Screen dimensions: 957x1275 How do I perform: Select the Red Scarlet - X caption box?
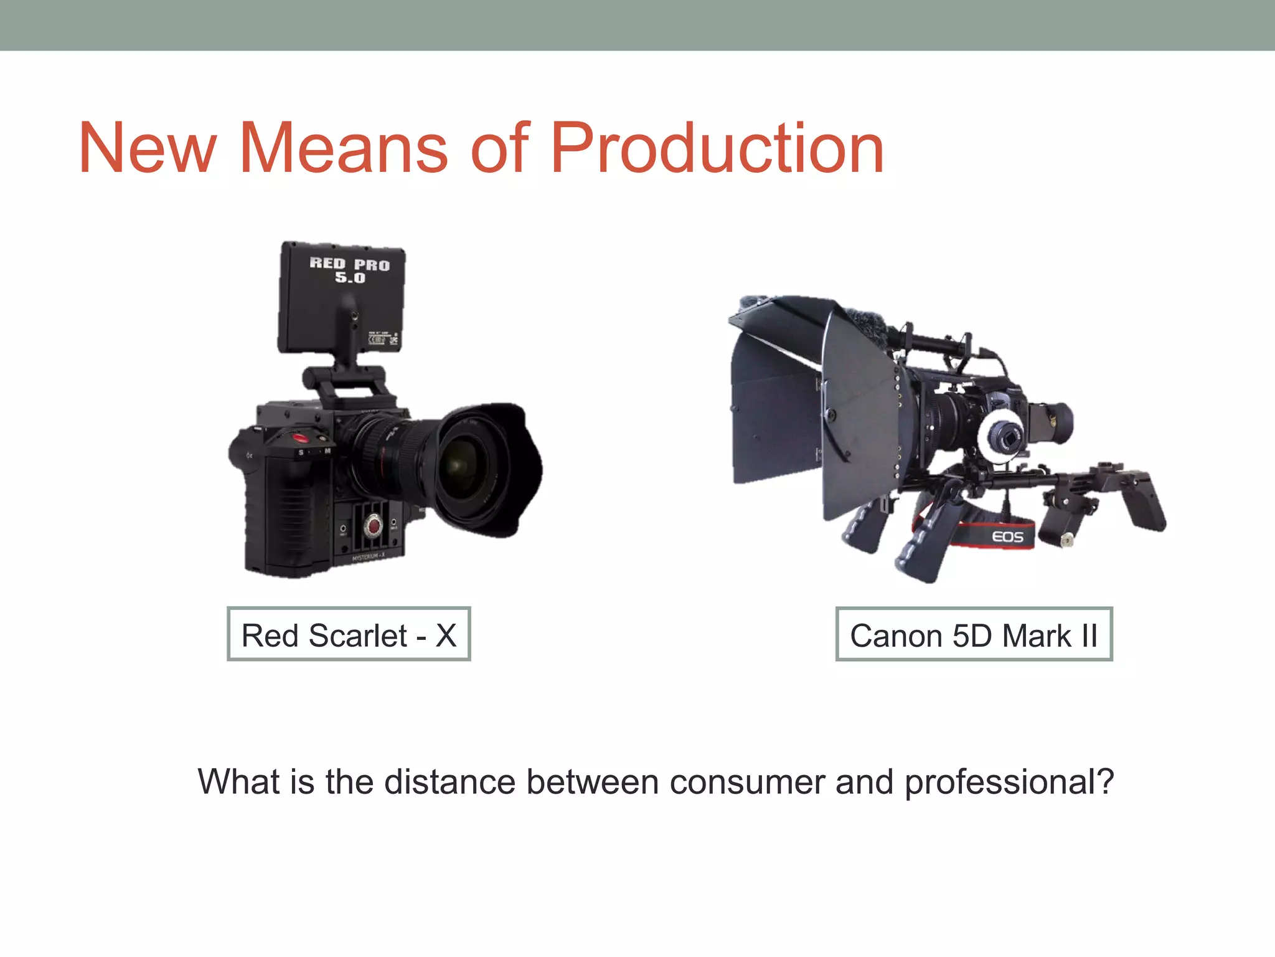pyautogui.click(x=349, y=634)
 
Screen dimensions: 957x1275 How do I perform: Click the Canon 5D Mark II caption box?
pyautogui.click(x=974, y=634)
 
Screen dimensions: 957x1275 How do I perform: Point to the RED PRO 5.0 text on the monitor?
pyautogui.click(x=349, y=270)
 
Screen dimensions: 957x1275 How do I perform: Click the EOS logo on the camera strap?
pyautogui.click(x=1007, y=536)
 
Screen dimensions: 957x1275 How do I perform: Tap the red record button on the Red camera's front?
pyautogui.click(x=374, y=525)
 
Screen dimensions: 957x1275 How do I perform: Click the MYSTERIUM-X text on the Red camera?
pyautogui.click(x=368, y=558)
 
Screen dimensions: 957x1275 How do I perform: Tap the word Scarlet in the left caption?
pyautogui.click(x=358, y=636)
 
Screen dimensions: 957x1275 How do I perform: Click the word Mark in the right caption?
pyautogui.click(x=1036, y=636)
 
